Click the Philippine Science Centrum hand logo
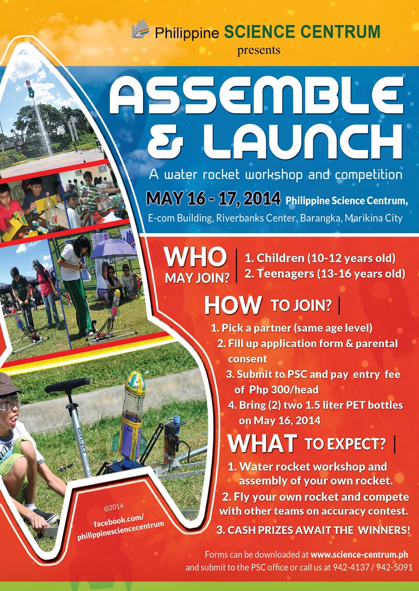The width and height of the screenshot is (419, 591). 141,30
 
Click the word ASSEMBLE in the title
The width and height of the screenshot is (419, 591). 256,96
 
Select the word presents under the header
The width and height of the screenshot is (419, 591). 259,50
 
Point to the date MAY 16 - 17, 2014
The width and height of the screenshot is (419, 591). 213,198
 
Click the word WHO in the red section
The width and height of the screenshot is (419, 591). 195,257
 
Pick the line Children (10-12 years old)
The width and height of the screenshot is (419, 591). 320,258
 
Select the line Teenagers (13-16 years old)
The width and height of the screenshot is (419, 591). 324,274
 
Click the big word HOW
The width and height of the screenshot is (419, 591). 233,305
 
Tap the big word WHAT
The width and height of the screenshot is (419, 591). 262,444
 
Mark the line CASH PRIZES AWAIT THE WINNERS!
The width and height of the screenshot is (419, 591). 313,530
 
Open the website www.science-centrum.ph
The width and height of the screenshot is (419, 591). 359,554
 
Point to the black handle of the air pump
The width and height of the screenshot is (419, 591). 67,385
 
